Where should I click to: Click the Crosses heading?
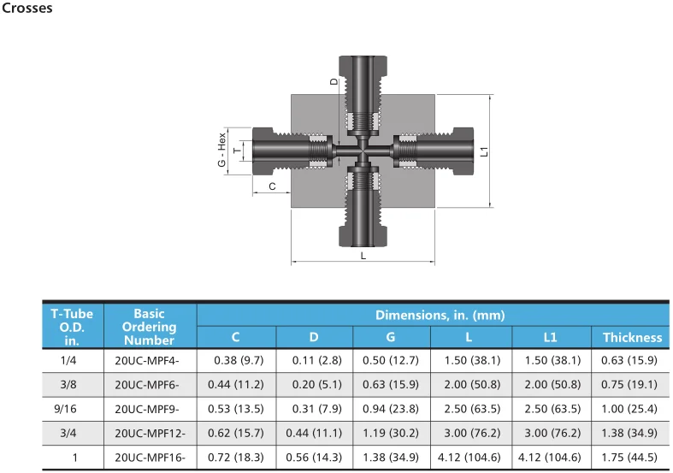27,9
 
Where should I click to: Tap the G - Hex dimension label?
221,151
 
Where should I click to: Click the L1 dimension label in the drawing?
484,151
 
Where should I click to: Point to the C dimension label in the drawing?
272,186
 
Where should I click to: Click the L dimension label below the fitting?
363,255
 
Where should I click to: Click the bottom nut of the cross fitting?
363,233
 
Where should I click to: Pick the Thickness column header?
632,338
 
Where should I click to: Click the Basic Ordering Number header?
149,327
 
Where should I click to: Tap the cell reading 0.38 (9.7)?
236,361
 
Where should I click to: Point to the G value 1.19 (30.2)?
391,434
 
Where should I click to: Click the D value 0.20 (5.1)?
314,385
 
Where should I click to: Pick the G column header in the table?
391,338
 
